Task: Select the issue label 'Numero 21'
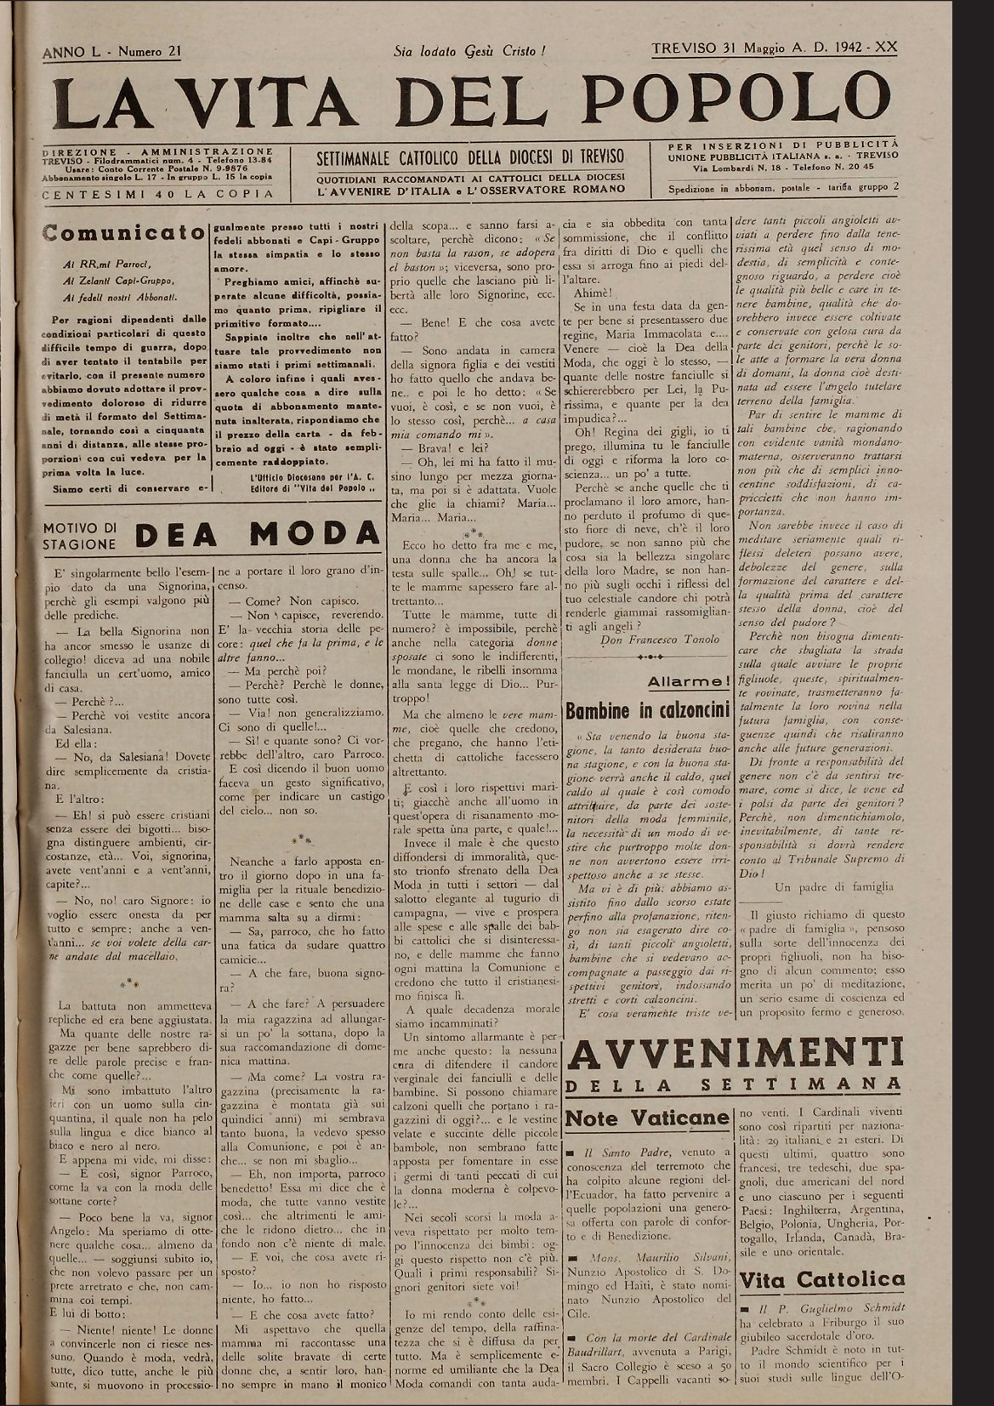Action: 150,52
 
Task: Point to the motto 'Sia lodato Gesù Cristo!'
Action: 469,51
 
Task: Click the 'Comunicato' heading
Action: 123,232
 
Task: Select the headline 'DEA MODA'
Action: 257,534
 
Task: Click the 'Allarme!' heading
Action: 687,681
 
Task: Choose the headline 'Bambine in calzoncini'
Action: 648,710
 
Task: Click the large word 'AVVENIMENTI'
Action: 736,1054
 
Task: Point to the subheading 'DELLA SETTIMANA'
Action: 736,1084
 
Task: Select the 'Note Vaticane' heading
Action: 647,1118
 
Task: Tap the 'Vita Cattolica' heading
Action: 821,1280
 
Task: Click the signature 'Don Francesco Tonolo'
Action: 660,640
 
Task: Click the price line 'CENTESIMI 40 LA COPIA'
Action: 158,194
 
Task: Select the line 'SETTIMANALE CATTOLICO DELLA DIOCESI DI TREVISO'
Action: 469,157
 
